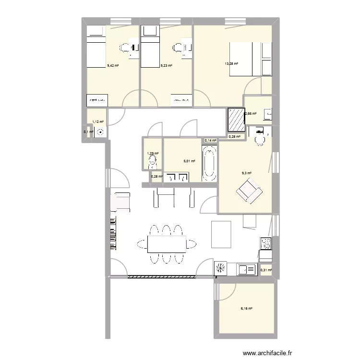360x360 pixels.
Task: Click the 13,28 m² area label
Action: pos(231,63)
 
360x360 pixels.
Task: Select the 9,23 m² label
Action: pos(166,65)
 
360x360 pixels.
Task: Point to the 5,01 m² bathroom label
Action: pos(190,161)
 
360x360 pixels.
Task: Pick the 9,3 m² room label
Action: pos(246,173)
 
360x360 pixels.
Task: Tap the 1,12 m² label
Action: pos(98,122)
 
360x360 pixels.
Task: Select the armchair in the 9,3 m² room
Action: pos(249,190)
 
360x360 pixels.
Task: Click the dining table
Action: pos(167,244)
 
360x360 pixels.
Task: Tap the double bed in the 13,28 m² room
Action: pos(245,59)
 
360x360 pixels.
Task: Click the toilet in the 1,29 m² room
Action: pos(152,163)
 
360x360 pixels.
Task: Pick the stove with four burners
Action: pos(265,243)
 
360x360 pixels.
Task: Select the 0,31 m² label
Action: pos(266,270)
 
